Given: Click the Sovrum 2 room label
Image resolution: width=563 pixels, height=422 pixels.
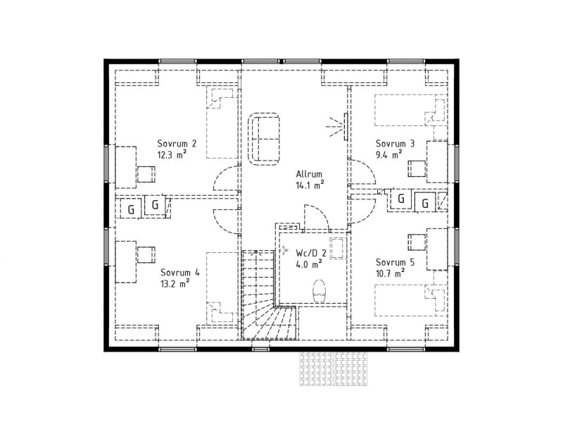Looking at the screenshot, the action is pos(177,144).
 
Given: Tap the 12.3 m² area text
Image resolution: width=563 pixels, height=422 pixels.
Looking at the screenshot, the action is pos(172,154).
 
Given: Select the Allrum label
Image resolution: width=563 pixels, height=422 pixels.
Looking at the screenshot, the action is pos(309,174).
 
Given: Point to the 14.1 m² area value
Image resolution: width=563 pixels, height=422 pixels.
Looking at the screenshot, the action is pos(310,185).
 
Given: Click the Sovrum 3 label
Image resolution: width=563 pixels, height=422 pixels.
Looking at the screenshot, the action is pos(395,144).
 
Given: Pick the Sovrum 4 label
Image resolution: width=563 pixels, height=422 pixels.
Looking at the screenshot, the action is pos(180,273).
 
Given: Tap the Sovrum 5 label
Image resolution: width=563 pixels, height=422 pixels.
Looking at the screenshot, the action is pos(395,262).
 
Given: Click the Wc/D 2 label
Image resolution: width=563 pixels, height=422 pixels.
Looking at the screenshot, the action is pos(311,253).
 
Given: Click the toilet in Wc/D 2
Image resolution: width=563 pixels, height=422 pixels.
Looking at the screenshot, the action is pos(320,290).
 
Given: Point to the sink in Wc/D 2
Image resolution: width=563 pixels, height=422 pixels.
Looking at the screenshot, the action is pos(338,248).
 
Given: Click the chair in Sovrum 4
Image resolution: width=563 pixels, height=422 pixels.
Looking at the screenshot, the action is pos(146,255).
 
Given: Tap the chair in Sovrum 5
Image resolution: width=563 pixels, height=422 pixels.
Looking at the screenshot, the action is pos(417,242).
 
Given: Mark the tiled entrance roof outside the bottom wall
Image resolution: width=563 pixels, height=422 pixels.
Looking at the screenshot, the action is pos(334,368).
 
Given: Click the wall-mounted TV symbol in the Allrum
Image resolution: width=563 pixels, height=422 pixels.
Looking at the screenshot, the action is pos(346,127).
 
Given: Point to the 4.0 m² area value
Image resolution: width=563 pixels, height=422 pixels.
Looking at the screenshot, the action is pos(309,264).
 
